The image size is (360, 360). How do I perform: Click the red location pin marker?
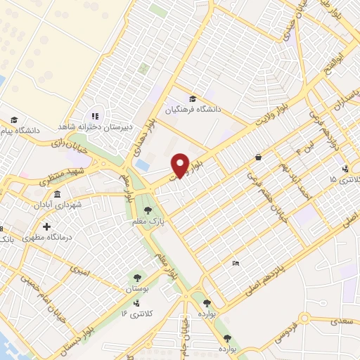(x=180, y=165)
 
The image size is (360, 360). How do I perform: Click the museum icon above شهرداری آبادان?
(x=56, y=193)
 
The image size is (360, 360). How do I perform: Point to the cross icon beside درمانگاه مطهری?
(x=46, y=226)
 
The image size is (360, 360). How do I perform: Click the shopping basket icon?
(x=259, y=157)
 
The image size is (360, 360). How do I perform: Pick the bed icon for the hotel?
(x=235, y=263)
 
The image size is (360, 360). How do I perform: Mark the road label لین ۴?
(x=304, y=149)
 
